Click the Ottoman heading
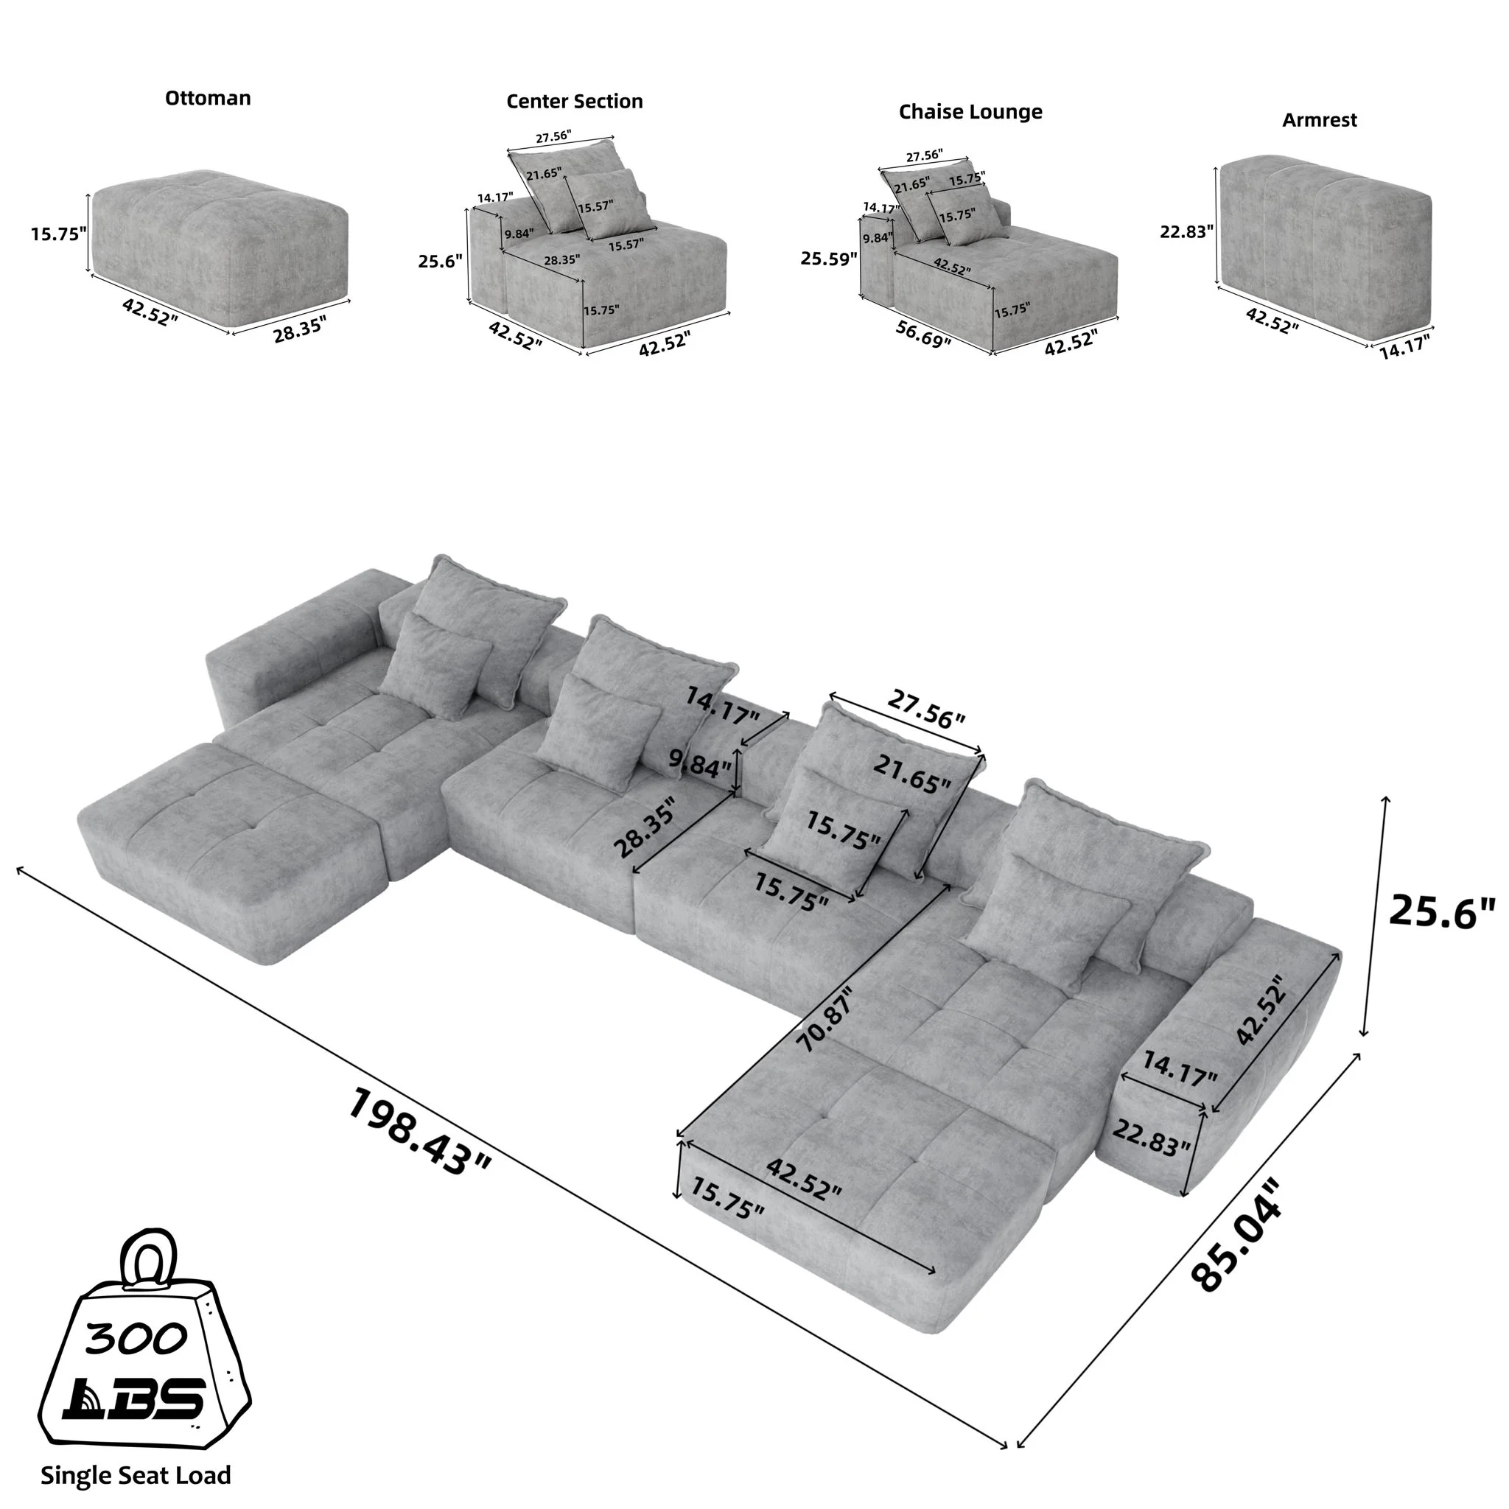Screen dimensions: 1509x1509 (x=208, y=99)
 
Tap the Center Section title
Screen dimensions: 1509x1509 (x=574, y=102)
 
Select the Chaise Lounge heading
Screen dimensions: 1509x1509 (x=970, y=112)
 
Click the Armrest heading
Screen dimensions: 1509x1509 (x=1319, y=120)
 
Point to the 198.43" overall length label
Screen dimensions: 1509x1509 (x=419, y=1133)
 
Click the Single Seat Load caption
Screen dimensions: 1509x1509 (x=136, y=1474)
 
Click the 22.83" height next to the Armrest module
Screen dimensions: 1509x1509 (x=1186, y=231)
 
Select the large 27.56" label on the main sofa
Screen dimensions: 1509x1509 (x=925, y=710)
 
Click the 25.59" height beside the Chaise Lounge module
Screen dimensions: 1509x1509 (x=829, y=259)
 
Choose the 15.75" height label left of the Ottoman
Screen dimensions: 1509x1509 (x=59, y=234)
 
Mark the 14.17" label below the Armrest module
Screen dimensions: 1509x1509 (x=1404, y=347)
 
